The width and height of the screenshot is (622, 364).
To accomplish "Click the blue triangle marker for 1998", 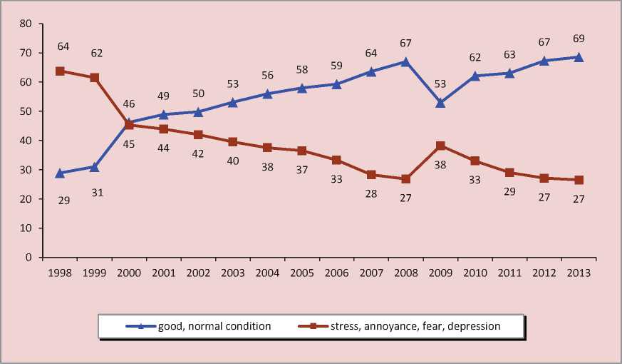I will [x=61, y=173].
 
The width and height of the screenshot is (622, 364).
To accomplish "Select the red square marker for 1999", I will [x=95, y=77].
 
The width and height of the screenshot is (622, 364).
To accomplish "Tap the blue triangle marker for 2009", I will [x=440, y=103].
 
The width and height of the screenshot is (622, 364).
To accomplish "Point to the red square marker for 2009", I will [x=440, y=146].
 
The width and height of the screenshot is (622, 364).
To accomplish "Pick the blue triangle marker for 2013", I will [x=579, y=57].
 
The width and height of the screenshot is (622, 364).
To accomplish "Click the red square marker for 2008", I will [x=406, y=179].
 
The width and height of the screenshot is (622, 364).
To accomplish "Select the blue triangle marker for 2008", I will [x=406, y=61].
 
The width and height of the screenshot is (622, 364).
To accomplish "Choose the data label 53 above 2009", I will [x=440, y=84].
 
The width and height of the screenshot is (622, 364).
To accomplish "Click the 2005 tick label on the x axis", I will [x=302, y=273].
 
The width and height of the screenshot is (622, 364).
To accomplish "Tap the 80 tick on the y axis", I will [x=26, y=24].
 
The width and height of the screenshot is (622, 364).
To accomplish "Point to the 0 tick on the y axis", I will [x=29, y=257].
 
